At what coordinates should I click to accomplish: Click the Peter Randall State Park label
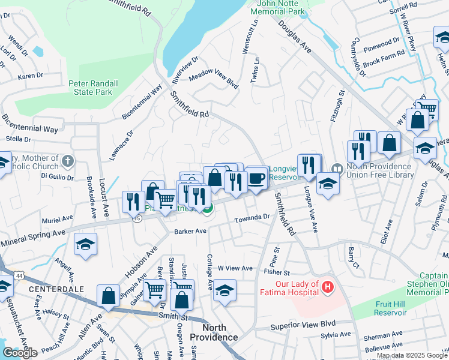[91, 88]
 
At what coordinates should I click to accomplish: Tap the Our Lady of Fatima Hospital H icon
[327, 287]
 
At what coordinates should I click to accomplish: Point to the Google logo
[20, 353]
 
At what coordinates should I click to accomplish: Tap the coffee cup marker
[256, 178]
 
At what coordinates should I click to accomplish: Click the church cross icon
[67, 161]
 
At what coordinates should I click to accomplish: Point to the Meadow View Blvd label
[214, 80]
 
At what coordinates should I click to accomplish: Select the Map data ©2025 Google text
[412, 355]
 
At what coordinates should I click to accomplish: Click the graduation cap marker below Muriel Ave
[86, 244]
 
